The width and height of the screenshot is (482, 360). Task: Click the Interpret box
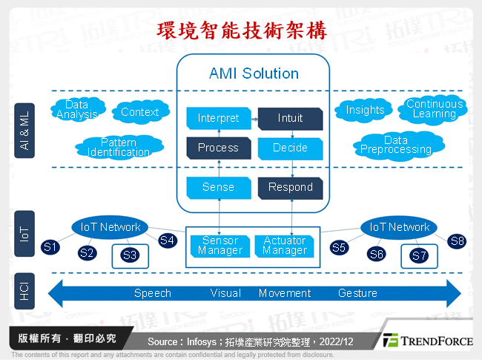point(218,118)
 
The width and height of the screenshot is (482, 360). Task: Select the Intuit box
point(290,118)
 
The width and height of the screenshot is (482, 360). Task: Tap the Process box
point(218,148)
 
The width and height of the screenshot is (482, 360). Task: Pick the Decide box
point(290,148)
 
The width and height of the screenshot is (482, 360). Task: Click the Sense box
point(218,187)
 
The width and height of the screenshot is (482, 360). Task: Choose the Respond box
point(290,187)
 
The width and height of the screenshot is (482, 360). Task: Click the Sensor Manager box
point(220,245)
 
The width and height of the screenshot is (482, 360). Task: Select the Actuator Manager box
point(285,245)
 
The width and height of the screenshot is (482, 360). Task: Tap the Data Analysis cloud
point(77,110)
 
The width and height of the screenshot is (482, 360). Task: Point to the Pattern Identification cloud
point(118,147)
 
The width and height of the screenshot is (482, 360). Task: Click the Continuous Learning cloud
point(435,109)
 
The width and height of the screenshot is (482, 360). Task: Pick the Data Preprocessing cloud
point(396,145)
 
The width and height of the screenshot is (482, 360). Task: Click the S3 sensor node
point(130,255)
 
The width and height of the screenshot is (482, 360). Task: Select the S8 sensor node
point(457,240)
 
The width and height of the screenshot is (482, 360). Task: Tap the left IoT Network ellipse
point(110,227)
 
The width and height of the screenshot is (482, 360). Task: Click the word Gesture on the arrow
point(357,293)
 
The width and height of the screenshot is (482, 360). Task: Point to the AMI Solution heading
point(254,73)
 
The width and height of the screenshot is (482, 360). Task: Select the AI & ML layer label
point(24,131)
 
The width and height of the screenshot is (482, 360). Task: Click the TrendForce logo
point(426,341)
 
